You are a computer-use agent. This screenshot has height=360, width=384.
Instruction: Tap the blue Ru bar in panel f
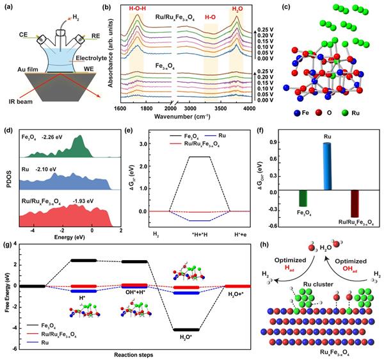click(x=326, y=167)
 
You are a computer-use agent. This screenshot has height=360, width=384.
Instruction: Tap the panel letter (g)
click(x=7, y=245)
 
